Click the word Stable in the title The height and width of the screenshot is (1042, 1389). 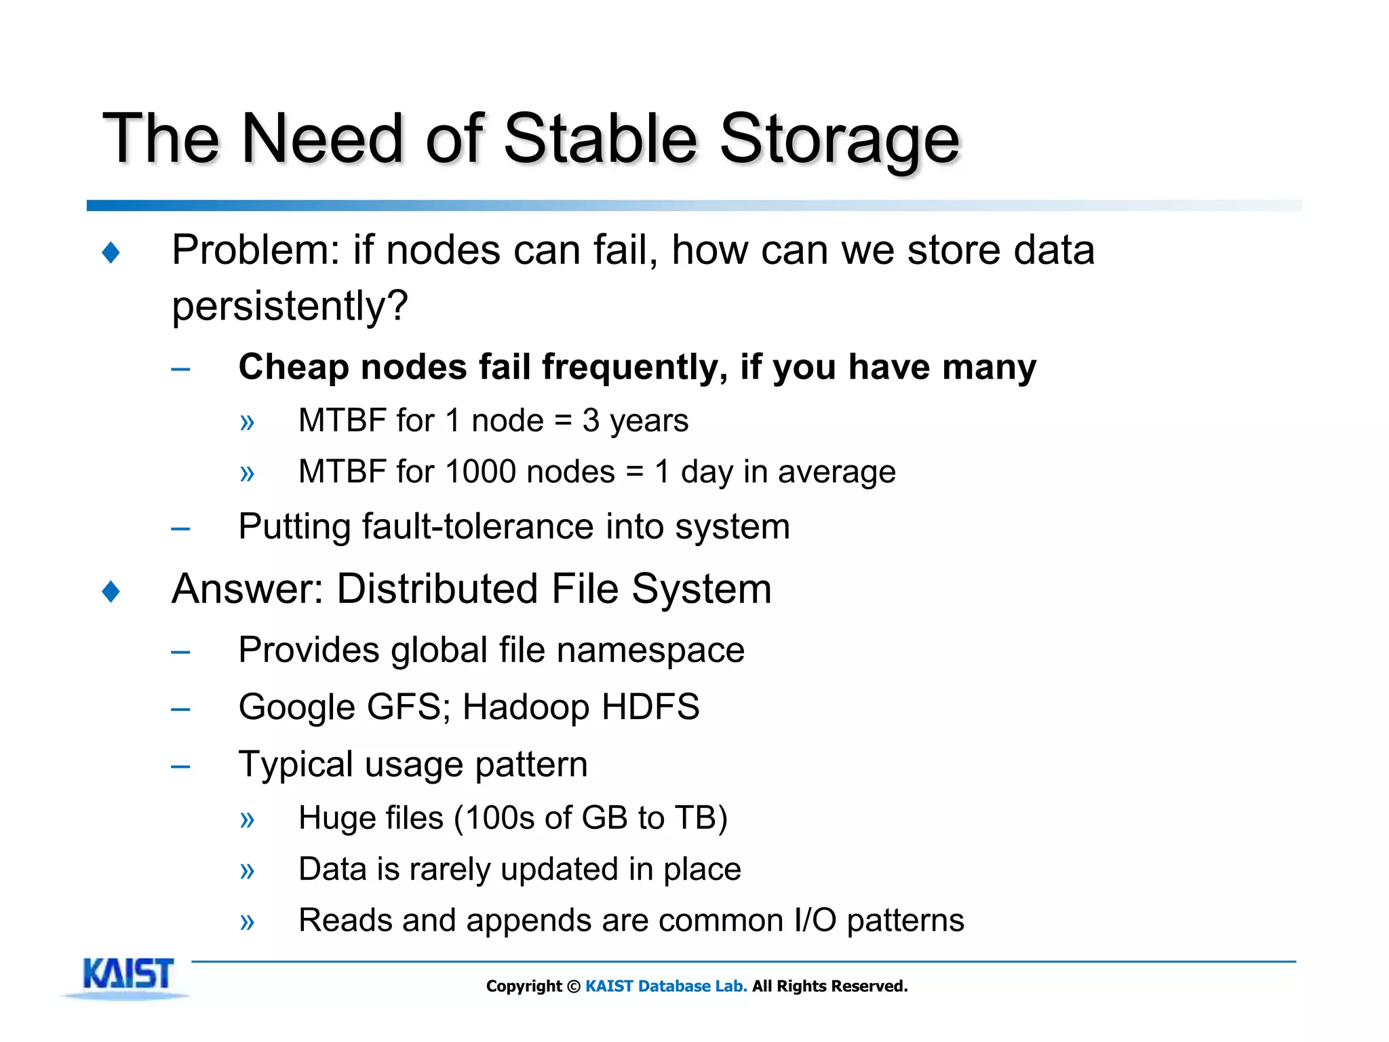[600, 139]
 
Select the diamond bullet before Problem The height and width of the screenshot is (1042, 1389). [111, 253]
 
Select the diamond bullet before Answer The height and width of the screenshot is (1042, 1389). [111, 591]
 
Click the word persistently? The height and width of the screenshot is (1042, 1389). [290, 307]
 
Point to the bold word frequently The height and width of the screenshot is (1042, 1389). [633, 368]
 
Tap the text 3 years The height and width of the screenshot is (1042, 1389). [635, 421]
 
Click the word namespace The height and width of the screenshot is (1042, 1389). [650, 651]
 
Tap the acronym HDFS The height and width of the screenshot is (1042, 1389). [650, 707]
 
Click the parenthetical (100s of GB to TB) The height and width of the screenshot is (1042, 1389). [590, 818]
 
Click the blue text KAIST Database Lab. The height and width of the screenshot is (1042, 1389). [665, 986]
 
